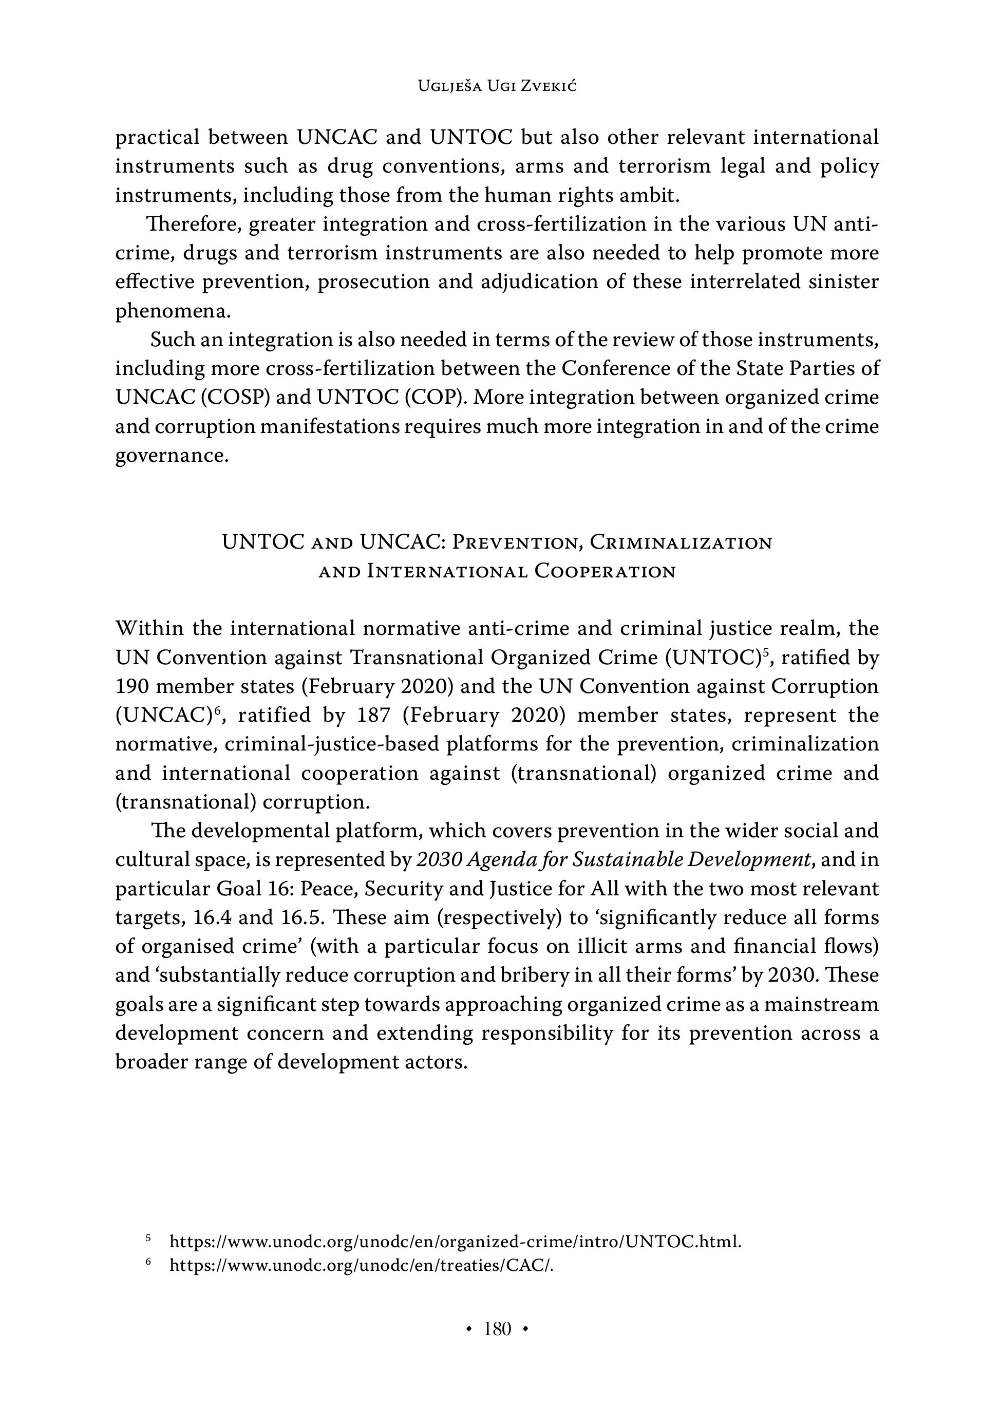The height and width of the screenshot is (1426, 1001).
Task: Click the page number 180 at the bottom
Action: (497, 1328)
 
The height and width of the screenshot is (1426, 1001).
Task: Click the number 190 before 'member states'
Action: (131, 686)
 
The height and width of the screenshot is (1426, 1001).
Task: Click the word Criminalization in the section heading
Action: (681, 542)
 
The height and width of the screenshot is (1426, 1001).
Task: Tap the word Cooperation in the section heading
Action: (605, 571)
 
